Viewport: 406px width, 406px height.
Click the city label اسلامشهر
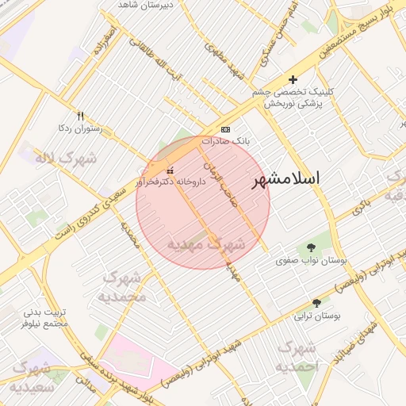click(x=285, y=179)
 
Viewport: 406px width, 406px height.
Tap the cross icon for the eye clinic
click(x=293, y=79)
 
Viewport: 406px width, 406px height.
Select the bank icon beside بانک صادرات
click(x=226, y=129)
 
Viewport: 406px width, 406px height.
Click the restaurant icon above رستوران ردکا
click(x=80, y=116)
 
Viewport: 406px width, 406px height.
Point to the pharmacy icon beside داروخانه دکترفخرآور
click(x=169, y=170)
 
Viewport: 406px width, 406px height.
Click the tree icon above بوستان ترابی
click(x=316, y=304)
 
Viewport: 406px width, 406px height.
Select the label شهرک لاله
click(x=66, y=158)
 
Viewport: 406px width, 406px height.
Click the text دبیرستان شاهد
click(x=146, y=5)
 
